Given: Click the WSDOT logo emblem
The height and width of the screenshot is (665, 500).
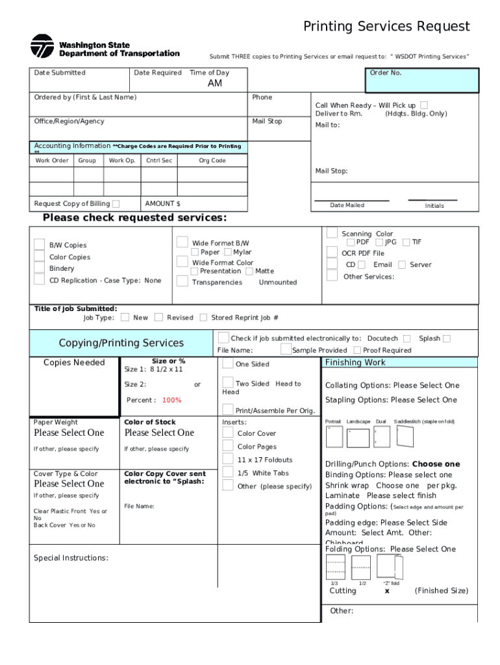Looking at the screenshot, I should (x=42, y=46).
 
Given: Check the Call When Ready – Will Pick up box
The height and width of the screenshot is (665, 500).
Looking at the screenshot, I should (x=424, y=105).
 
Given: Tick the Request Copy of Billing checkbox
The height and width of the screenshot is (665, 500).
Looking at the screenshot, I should (x=116, y=204).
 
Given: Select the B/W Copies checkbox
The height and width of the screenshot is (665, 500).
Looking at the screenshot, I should (x=39, y=245).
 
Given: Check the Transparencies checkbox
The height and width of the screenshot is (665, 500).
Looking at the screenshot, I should (x=182, y=282).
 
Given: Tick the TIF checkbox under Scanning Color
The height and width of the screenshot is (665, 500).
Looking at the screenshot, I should (x=406, y=242).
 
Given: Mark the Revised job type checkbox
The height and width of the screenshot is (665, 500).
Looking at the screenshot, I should (x=158, y=318).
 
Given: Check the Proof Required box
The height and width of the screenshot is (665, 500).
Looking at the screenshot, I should (x=356, y=350).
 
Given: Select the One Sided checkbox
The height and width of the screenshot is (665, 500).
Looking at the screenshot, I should (x=228, y=363).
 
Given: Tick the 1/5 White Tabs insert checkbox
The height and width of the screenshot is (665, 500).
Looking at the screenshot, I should (x=228, y=472).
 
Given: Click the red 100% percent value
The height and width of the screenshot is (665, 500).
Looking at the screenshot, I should (x=172, y=400).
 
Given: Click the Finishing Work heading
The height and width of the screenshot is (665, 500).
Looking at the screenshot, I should (x=355, y=362).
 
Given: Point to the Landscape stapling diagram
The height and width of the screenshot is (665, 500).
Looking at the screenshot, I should (x=358, y=438).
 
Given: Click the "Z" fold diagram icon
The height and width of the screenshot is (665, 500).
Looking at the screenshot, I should (x=390, y=566).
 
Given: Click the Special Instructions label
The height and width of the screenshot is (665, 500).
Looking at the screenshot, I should (x=71, y=558).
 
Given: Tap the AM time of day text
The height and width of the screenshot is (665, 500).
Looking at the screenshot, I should (x=214, y=84).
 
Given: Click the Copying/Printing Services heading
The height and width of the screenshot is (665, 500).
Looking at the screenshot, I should (x=121, y=343).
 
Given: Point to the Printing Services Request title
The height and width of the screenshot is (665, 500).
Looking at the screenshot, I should (x=386, y=27).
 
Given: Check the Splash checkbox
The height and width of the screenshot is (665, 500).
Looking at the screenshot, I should (x=447, y=338).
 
